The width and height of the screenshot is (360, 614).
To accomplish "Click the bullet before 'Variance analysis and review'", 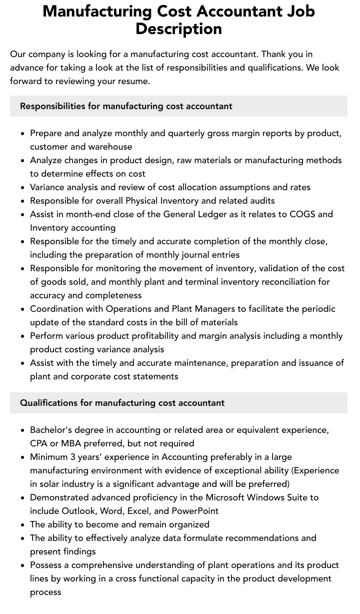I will tap(22, 188).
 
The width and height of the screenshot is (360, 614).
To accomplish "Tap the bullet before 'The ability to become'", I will tap(22, 525).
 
